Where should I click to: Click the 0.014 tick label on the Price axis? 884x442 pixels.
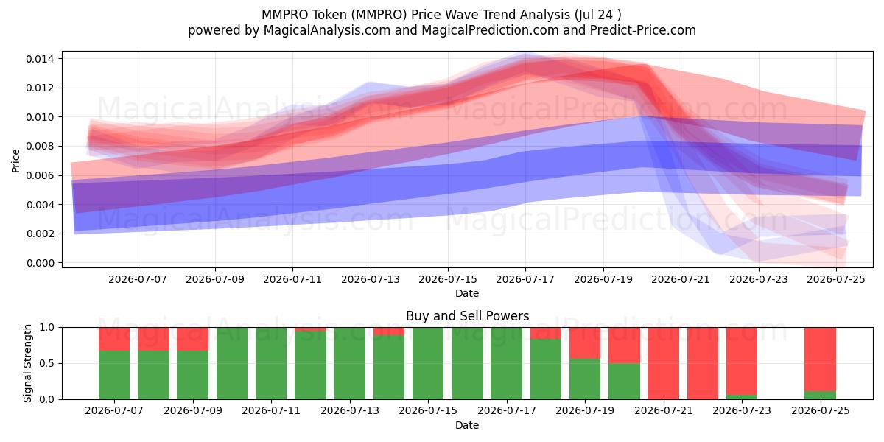coord(39,59)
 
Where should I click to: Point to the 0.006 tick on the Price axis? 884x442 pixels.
coord(39,175)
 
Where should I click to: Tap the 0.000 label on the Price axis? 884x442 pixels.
coord(39,263)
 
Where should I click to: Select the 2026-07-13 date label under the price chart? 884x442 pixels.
coord(370,280)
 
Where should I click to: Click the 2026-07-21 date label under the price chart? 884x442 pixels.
coord(681,280)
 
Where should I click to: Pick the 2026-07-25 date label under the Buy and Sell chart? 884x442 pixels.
coord(821,411)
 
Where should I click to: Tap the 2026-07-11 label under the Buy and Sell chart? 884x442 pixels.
coord(271,411)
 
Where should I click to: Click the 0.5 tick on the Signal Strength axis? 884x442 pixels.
coord(47,363)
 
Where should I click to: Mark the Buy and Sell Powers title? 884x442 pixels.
coord(467,316)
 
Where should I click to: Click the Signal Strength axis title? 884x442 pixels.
coord(27,363)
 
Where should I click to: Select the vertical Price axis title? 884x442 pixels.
coord(15,161)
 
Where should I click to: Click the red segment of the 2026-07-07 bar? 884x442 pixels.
coord(114,339)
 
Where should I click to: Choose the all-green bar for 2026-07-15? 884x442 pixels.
coord(428,363)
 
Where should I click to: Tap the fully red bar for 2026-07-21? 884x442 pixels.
coord(664,363)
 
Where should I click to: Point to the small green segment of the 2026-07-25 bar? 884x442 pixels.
coord(821,396)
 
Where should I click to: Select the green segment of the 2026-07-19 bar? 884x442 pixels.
coord(585,379)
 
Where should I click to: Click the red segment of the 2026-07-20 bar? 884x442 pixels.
coord(625,345)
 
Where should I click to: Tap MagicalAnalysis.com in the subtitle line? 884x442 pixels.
coord(327,30)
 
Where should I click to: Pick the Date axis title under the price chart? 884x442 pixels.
coord(467,294)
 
